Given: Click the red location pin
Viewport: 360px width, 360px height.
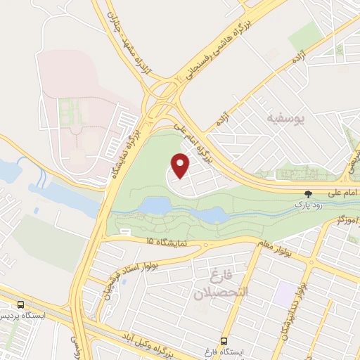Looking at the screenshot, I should click(x=181, y=165).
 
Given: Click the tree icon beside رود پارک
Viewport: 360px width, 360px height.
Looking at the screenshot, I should click(x=307, y=193).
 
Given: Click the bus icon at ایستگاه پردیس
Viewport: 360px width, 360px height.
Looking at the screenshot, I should click(x=20, y=305).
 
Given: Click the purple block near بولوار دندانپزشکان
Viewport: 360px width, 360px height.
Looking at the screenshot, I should click(x=285, y=292).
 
